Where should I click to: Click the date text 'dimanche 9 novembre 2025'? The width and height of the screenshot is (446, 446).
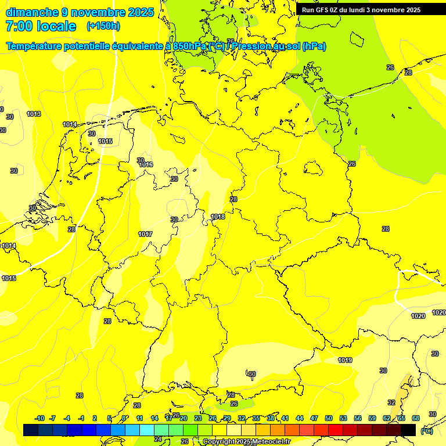click(x=80, y=12)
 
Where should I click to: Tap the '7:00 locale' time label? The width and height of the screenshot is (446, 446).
click(x=41, y=26)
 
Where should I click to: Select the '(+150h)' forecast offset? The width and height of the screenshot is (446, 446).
click(x=103, y=26)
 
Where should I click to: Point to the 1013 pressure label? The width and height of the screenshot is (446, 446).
click(x=34, y=114)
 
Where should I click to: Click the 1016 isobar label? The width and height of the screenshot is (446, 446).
click(x=146, y=165)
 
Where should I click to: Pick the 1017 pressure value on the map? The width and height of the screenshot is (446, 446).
click(x=145, y=234)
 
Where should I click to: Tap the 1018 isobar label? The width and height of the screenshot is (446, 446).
click(x=218, y=217)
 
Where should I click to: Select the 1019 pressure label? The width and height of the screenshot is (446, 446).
click(x=345, y=360)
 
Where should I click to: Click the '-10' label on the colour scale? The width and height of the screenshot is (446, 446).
click(x=39, y=418)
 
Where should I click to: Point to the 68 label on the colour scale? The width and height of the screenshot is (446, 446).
click(x=416, y=418)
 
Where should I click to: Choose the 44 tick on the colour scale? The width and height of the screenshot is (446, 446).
click(x=300, y=418)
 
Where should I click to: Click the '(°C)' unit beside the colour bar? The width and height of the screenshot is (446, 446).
click(x=426, y=431)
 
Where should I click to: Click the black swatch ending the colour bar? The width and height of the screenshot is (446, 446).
click(x=408, y=430)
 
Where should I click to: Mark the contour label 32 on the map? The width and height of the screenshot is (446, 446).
click(x=391, y=402)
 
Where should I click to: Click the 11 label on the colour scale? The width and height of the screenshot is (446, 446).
click(x=140, y=418)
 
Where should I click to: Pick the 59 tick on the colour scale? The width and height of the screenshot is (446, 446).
click(x=372, y=418)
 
